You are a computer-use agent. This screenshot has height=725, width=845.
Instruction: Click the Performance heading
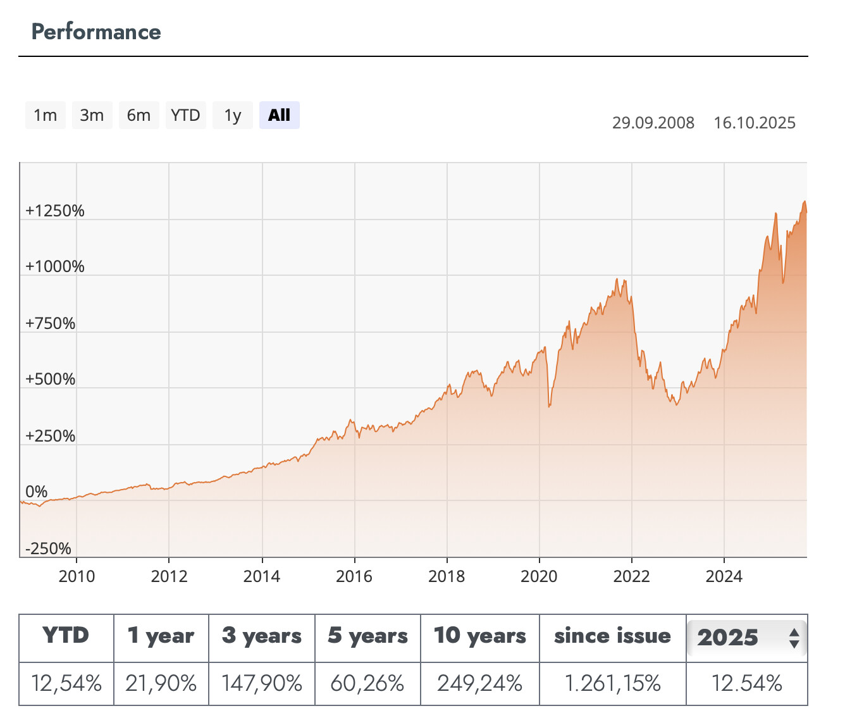point(96,32)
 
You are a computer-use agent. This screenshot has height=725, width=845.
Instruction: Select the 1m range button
point(46,115)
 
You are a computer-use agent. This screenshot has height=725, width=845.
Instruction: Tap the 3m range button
point(92,115)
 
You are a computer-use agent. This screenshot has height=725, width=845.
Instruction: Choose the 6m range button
point(139,115)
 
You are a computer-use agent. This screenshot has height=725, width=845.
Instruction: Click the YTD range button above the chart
point(185,115)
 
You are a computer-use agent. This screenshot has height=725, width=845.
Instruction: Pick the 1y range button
point(233,115)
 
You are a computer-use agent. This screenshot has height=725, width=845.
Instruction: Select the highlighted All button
point(279,115)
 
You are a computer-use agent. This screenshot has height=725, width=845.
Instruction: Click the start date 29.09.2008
point(653,123)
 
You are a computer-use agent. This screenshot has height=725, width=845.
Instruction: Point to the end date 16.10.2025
point(755,123)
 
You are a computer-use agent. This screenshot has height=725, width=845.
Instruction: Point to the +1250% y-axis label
point(55,211)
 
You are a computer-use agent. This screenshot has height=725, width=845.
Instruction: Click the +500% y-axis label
point(51,379)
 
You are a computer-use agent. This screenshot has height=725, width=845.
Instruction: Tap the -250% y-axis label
point(49,548)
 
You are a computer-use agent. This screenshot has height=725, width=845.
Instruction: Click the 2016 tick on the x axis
point(354,576)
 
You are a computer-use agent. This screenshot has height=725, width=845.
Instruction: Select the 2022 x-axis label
point(631,576)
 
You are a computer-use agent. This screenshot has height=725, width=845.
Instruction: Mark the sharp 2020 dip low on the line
point(549,406)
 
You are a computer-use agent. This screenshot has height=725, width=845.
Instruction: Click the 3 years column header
point(262,636)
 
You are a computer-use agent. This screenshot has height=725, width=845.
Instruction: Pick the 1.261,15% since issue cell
point(612,683)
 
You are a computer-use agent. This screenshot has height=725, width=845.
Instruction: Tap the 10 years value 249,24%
point(479,683)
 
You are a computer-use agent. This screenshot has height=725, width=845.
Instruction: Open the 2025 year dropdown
point(746,637)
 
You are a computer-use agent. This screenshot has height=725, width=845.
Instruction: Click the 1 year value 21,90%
point(161,683)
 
